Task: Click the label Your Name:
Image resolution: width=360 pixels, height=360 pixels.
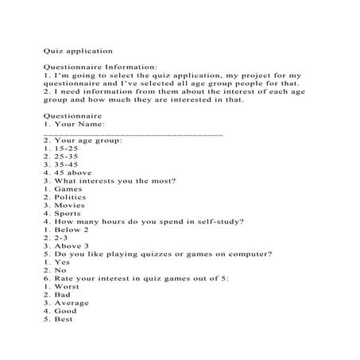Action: [80, 123]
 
